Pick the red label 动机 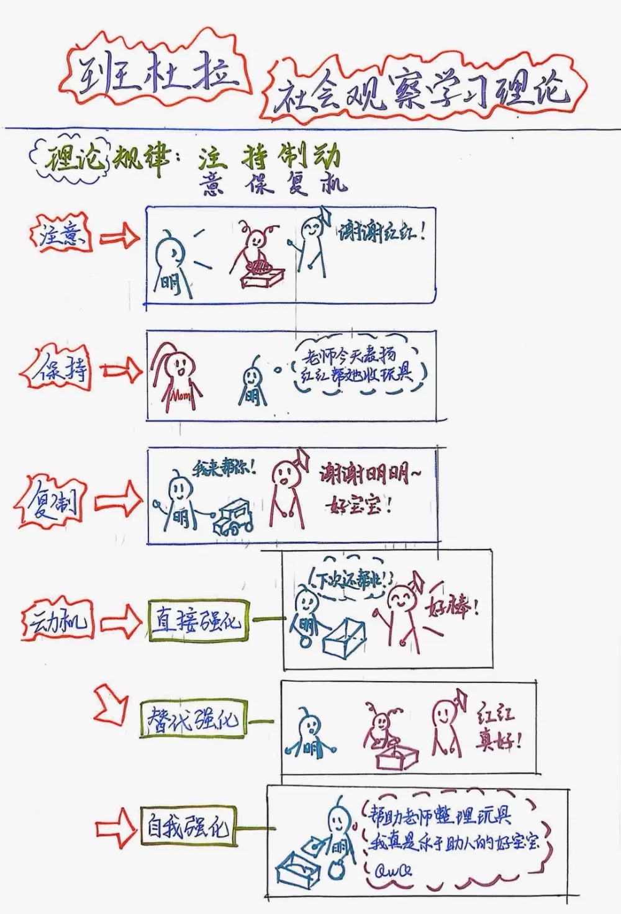[x=58, y=621]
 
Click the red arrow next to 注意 [x=119, y=237]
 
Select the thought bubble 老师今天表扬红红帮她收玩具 [x=356, y=366]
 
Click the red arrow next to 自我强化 [x=116, y=828]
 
